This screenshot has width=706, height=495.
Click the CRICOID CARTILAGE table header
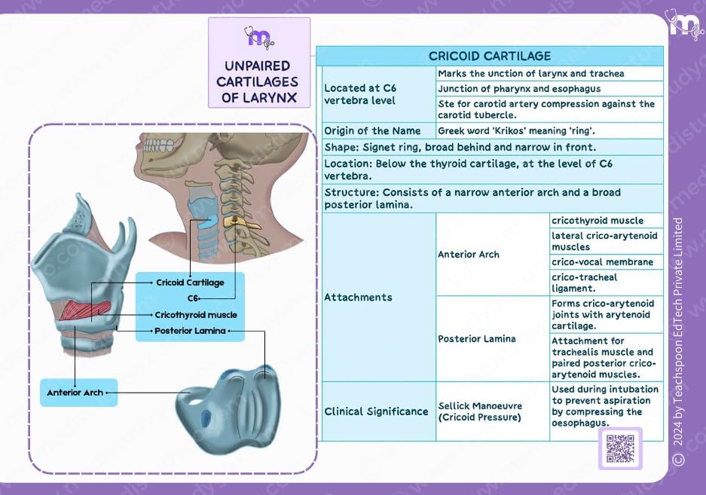tap(490, 56)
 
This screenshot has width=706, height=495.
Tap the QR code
tap(620, 449)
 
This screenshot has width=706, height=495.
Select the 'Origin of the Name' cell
tap(372, 130)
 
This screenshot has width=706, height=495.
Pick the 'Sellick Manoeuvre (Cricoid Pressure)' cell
tap(480, 411)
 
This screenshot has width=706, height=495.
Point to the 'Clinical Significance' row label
tap(376, 411)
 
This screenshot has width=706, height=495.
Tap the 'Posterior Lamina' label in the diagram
tap(190, 331)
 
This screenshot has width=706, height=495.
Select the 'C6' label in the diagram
tap(193, 298)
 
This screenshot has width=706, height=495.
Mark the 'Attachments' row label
tap(358, 297)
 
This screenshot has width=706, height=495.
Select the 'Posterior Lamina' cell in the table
tap(477, 338)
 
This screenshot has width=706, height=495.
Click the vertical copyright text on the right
tap(678, 339)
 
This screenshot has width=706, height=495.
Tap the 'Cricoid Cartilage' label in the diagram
tap(190, 283)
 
